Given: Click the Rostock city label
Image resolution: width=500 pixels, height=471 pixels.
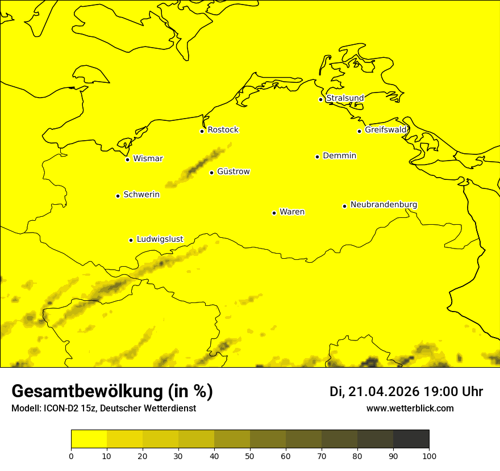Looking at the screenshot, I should (223, 130).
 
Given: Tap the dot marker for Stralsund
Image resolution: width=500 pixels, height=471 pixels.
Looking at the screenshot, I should (320, 99).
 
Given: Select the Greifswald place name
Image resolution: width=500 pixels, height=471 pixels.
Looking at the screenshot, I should (386, 130).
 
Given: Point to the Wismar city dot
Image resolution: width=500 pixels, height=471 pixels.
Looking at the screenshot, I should (128, 159).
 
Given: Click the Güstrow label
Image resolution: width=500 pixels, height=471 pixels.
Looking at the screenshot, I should (233, 171).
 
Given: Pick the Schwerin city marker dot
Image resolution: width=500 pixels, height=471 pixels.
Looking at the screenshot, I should (118, 196).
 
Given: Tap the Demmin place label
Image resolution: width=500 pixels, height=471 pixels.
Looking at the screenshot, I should (339, 155).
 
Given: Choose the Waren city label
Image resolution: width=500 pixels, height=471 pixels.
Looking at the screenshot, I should (291, 212).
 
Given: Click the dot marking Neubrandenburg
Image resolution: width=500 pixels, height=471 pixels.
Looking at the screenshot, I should (344, 206).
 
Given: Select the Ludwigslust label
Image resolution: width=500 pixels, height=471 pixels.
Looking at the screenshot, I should (160, 239).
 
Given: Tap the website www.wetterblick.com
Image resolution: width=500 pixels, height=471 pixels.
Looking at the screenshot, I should (410, 408).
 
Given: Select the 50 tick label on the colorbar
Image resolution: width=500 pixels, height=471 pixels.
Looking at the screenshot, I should (250, 456).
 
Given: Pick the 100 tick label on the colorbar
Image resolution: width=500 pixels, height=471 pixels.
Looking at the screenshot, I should (429, 456).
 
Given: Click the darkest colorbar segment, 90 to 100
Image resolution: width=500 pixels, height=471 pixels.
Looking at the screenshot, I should (411, 439).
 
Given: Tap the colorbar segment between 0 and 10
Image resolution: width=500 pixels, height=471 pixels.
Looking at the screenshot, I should (89, 439).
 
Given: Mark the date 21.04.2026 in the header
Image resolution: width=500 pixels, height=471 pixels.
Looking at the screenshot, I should (384, 392).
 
